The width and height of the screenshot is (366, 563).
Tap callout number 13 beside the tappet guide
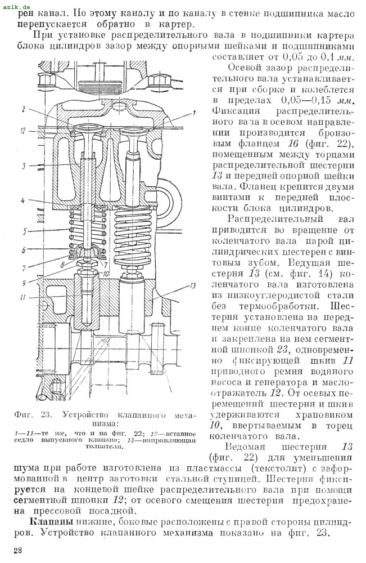(x=193, y=285)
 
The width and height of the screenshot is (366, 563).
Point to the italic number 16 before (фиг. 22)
(x=292, y=143)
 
